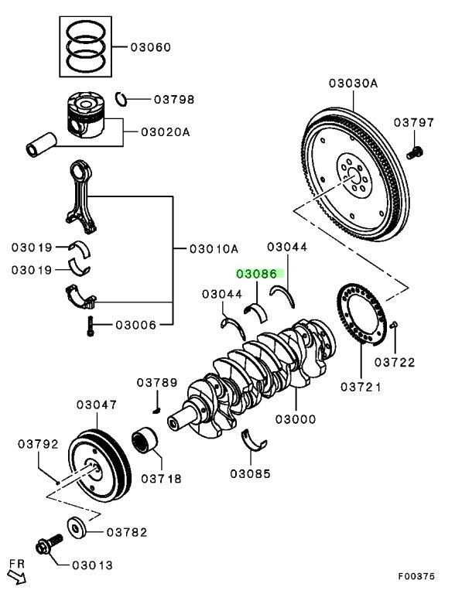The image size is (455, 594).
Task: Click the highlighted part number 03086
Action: point(260,273)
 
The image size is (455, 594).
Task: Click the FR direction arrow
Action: point(15,573)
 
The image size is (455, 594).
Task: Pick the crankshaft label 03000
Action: point(297,419)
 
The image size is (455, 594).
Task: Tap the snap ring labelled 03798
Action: point(121,97)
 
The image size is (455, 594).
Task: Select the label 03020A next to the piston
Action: point(165,131)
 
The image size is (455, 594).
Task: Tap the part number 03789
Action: point(157,383)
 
